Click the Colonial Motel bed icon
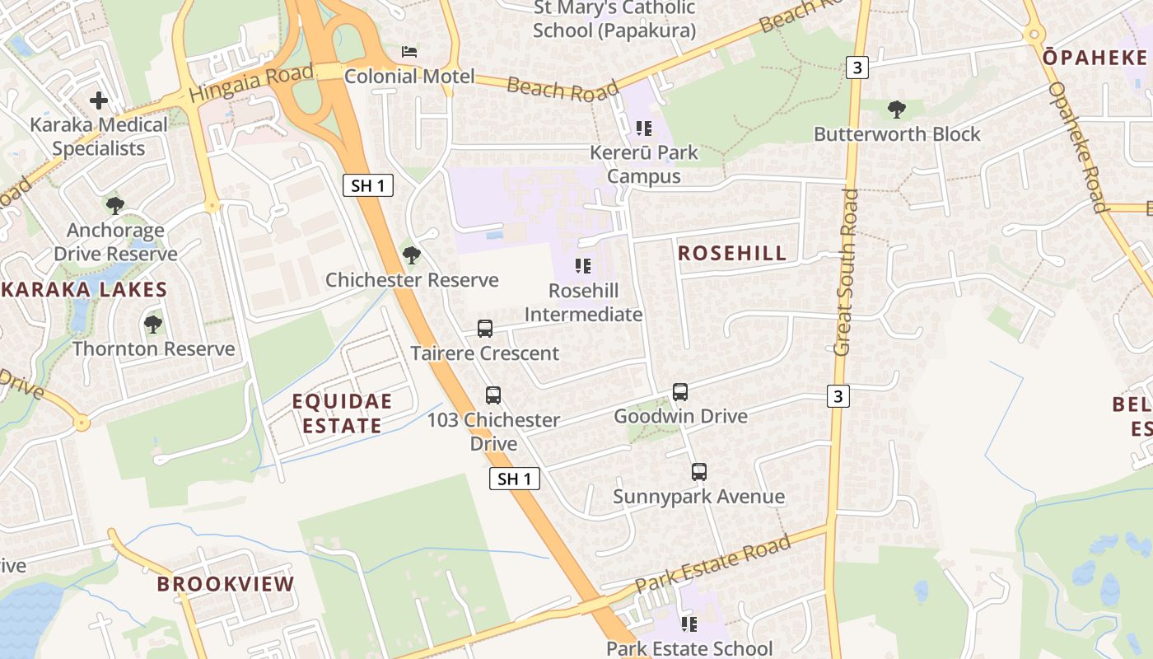point(409,52)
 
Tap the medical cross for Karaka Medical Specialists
point(99,101)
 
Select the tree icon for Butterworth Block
point(897,110)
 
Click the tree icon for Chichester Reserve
point(412,255)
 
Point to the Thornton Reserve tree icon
point(153,325)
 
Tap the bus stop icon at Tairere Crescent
point(485,329)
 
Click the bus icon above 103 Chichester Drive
point(493,395)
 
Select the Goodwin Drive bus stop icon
point(680,392)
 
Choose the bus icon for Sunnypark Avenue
point(699,472)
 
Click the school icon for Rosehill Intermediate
point(583,266)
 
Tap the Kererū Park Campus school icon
point(644,129)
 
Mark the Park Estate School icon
point(689,624)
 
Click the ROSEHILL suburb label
point(732,253)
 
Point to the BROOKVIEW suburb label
point(226,584)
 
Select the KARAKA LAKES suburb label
point(84,290)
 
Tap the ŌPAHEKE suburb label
point(1095,58)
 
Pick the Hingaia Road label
point(251,82)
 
